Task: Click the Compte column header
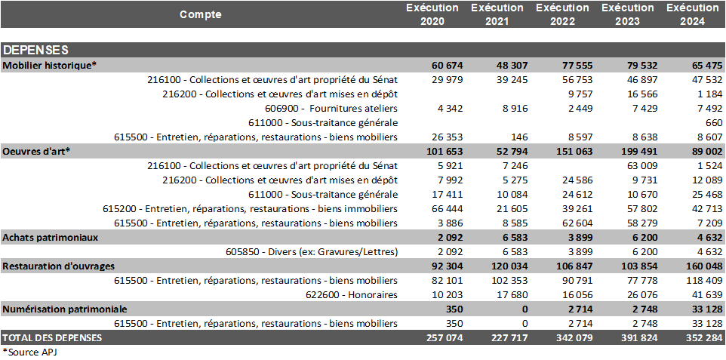tap(200, 14)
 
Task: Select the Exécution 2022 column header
tap(562, 14)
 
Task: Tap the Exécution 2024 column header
tap(693, 14)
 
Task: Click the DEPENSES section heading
tap(35, 51)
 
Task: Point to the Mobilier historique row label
tap(50, 66)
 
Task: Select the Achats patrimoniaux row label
tap(50, 237)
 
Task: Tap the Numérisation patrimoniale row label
tap(65, 309)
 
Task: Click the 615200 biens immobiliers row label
tap(250, 208)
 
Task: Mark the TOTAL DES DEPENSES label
tap(52, 337)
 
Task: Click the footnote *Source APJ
tap(30, 352)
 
